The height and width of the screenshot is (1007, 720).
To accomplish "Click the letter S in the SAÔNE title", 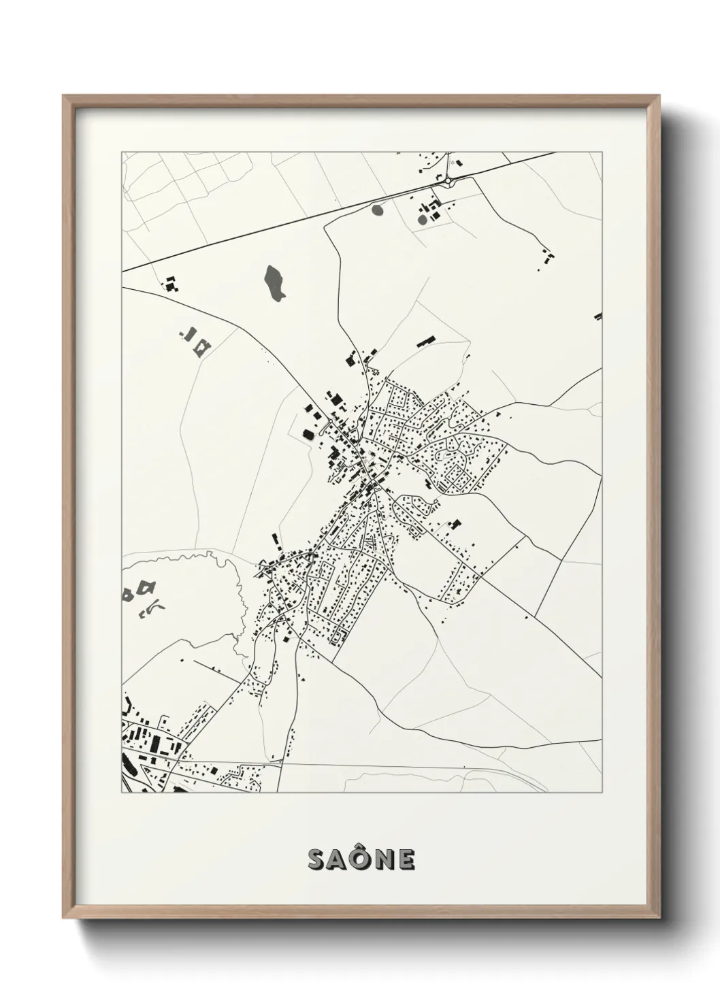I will pyautogui.click(x=318, y=860).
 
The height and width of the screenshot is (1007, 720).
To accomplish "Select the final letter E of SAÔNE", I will pyautogui.click(x=407, y=860).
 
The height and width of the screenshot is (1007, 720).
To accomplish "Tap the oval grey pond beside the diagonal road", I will pyautogui.click(x=378, y=210).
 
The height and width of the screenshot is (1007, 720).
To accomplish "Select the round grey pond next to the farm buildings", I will pyautogui.click(x=422, y=219).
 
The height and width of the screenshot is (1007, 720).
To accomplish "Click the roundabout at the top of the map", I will pyautogui.click(x=449, y=180).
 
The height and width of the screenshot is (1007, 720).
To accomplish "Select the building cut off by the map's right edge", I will pyautogui.click(x=598, y=316).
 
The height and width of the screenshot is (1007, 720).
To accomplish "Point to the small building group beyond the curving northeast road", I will pyautogui.click(x=546, y=259).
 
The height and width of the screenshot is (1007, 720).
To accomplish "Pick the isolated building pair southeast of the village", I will pyautogui.click(x=453, y=524).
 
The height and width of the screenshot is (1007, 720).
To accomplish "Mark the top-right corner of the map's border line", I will pyautogui.click(x=602, y=152).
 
